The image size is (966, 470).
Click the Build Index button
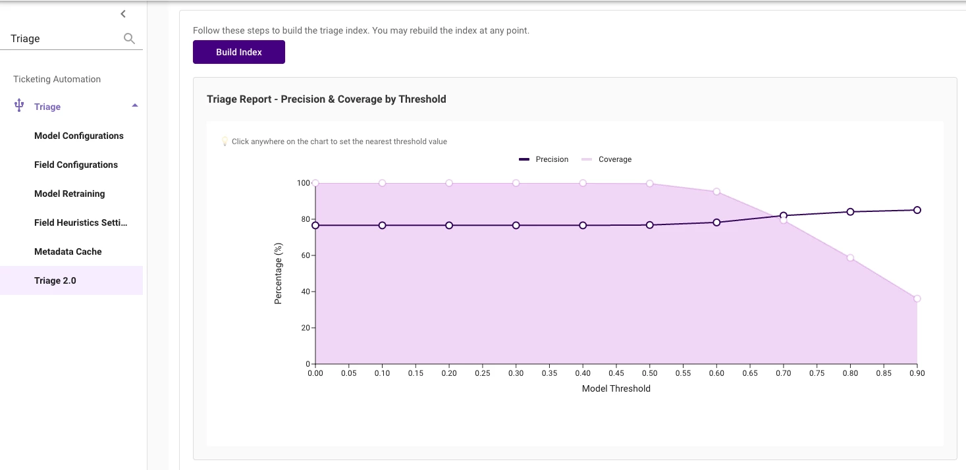[238, 52]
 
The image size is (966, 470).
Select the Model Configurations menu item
[79, 136]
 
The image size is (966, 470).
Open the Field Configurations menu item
[76, 165]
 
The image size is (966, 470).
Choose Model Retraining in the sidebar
[69, 194]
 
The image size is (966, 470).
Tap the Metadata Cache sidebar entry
[68, 251]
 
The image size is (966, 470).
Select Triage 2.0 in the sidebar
[55, 280]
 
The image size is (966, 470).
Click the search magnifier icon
[129, 39]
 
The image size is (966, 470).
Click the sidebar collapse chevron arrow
[123, 14]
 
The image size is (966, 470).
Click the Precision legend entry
[544, 159]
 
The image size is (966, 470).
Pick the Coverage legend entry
[606, 159]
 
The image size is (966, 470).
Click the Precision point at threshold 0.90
[917, 210]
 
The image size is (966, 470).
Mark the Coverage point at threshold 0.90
[917, 299]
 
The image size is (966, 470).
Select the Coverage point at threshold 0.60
[716, 192]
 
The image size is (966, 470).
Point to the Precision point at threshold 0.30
[516, 225]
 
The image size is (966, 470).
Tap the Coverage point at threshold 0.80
[850, 257]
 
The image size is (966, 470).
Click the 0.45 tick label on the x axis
[616, 373]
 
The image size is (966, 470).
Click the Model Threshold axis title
[616, 388]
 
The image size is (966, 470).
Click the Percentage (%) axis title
[278, 273]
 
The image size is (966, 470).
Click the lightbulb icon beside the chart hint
[224, 142]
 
